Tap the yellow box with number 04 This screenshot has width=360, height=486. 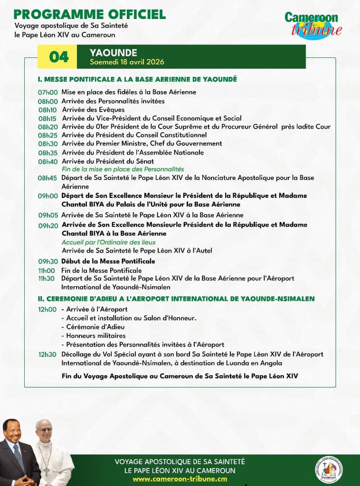(x=59, y=57)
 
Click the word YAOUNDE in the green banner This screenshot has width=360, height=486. (x=114, y=53)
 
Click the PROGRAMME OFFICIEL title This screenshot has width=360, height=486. (x=90, y=14)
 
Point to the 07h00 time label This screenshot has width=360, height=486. (x=47, y=93)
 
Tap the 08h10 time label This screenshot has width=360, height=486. (x=47, y=110)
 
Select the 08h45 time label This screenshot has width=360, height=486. (x=47, y=178)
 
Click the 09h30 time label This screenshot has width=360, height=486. (x=47, y=262)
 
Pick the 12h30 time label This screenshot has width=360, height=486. (x=47, y=355)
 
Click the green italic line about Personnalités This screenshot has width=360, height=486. (x=123, y=169)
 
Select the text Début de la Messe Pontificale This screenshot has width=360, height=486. (x=108, y=262)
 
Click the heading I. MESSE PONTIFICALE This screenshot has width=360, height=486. (x=137, y=79)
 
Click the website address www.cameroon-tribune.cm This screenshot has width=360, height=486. (x=180, y=479)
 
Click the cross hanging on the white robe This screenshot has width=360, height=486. (x=47, y=470)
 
